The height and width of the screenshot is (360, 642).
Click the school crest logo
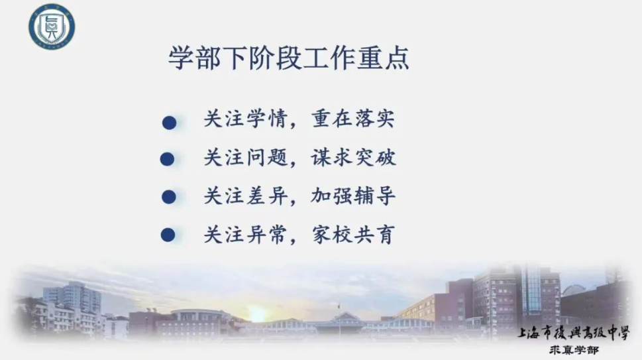coord(52,27)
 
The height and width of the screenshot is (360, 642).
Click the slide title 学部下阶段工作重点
coord(289,58)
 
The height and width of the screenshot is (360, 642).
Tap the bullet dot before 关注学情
coord(169,123)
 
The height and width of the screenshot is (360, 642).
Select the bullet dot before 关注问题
coord(167,159)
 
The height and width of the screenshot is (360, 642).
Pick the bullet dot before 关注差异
coord(169,197)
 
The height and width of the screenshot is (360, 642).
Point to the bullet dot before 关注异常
coord(168,235)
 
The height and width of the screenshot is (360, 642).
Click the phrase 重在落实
coord(353,119)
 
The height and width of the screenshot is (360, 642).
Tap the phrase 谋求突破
coord(353,157)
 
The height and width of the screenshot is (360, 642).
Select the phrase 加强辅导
coord(353,196)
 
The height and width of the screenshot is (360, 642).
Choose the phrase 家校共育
coord(353,234)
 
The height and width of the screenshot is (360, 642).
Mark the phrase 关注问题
coord(246,157)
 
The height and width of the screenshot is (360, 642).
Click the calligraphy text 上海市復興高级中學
coord(573,333)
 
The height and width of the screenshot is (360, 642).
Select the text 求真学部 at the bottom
coord(574,350)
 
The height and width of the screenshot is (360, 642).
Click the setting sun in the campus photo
coord(257,314)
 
